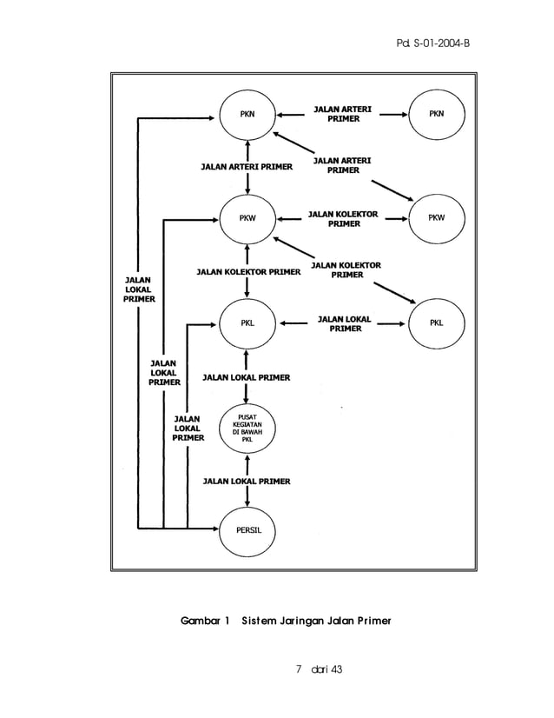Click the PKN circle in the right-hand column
click(437, 114)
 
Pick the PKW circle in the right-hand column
click(437, 218)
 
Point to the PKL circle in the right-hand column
click(437, 323)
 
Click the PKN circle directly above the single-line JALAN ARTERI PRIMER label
click(248, 114)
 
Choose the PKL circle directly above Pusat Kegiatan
click(248, 323)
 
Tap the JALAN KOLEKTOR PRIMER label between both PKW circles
click(344, 218)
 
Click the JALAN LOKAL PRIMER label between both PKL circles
click(345, 323)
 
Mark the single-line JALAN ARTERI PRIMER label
click(247, 165)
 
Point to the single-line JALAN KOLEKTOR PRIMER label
click(248, 271)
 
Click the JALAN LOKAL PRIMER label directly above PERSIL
click(247, 481)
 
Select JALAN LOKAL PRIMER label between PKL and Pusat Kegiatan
click(247, 377)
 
